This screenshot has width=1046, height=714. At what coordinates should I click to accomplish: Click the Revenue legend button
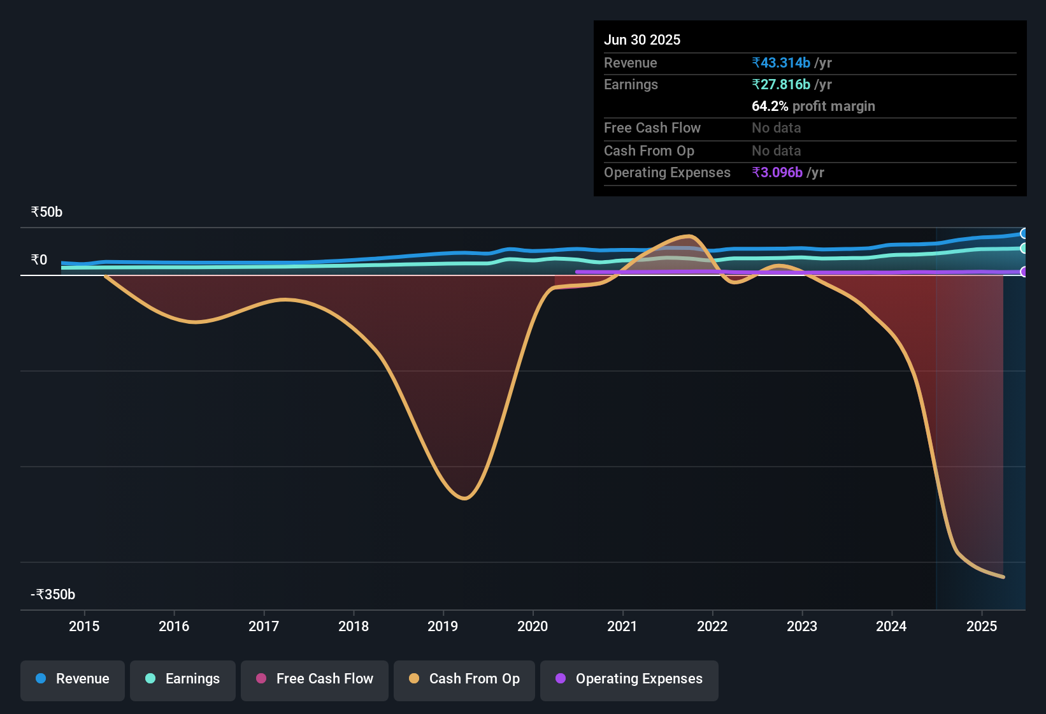73,680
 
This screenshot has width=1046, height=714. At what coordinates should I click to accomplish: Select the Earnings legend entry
183,680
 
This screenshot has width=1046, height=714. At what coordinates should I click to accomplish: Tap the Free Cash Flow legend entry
315,680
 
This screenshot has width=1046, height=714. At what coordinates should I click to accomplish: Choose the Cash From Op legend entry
464,680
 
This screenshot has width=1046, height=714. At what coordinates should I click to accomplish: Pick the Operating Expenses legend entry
629,680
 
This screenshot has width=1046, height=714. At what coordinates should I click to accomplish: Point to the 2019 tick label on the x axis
443,627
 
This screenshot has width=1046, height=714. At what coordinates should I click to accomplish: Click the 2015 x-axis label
84,627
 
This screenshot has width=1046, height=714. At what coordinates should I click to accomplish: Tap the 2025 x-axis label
982,627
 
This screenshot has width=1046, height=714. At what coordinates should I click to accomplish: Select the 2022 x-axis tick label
712,627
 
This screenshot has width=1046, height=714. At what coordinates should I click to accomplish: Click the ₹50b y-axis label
47,212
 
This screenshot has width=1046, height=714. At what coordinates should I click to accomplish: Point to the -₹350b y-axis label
53,595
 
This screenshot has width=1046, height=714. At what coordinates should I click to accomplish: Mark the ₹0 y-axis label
39,260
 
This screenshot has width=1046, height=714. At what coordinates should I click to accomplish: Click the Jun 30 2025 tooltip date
642,40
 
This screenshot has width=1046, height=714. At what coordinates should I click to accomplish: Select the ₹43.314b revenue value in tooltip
781,63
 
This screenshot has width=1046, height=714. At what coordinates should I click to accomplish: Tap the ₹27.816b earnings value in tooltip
781,85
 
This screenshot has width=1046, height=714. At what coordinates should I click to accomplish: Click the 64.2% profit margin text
813,106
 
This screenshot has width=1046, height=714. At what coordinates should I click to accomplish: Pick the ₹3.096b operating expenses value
777,173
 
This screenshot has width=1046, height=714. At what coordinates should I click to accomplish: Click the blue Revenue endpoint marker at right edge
1024,233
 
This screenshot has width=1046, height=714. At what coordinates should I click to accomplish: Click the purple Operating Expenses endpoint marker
1024,272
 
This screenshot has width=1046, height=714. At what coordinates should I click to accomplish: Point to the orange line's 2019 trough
464,498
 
